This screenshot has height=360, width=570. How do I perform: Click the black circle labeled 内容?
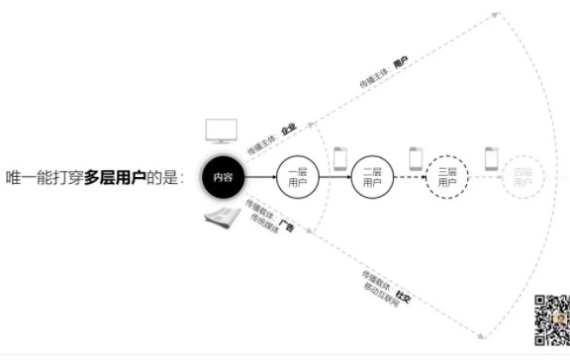[x=222, y=177]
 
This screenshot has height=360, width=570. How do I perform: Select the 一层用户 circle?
[x=298, y=177]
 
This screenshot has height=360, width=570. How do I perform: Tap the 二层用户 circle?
[x=371, y=177]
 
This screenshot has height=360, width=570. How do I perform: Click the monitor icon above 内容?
[x=220, y=132]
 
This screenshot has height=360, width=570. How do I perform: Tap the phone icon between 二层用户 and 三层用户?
[x=416, y=158]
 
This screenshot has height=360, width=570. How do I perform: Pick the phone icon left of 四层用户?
[x=489, y=158]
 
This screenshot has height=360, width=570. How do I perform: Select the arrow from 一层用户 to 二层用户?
[x=334, y=178]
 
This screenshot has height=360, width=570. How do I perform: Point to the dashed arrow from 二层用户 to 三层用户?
[x=409, y=178]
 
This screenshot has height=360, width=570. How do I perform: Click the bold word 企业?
[x=288, y=130]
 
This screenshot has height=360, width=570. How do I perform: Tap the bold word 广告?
[x=287, y=227]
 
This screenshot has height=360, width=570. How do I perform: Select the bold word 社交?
[x=402, y=296]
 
